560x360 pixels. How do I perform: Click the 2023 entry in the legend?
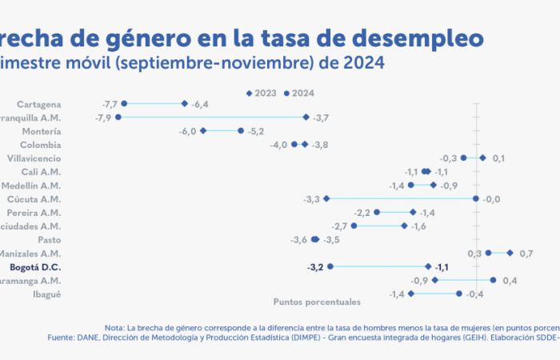click(261, 94)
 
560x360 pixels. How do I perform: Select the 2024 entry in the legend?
click(299, 94)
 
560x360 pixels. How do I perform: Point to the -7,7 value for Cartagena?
click(110, 104)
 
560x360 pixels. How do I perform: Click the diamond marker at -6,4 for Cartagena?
click(185, 104)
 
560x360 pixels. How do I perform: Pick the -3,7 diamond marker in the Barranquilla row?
click(306, 118)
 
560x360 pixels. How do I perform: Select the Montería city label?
click(42, 131)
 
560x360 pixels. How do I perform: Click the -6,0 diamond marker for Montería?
click(203, 131)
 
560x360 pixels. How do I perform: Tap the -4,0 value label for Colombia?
click(278, 145)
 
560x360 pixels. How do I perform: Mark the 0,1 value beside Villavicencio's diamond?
click(498, 158)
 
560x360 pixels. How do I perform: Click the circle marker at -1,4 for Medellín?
click(411, 186)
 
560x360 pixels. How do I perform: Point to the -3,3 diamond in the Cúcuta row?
click(326, 199)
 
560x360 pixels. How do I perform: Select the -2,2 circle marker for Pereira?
click(377, 213)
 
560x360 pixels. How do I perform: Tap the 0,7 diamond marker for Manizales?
click(510, 254)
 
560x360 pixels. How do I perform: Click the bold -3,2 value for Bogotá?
click(314, 267)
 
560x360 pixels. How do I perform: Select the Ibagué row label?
click(46, 294)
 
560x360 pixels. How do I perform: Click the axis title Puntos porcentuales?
click(317, 302)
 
